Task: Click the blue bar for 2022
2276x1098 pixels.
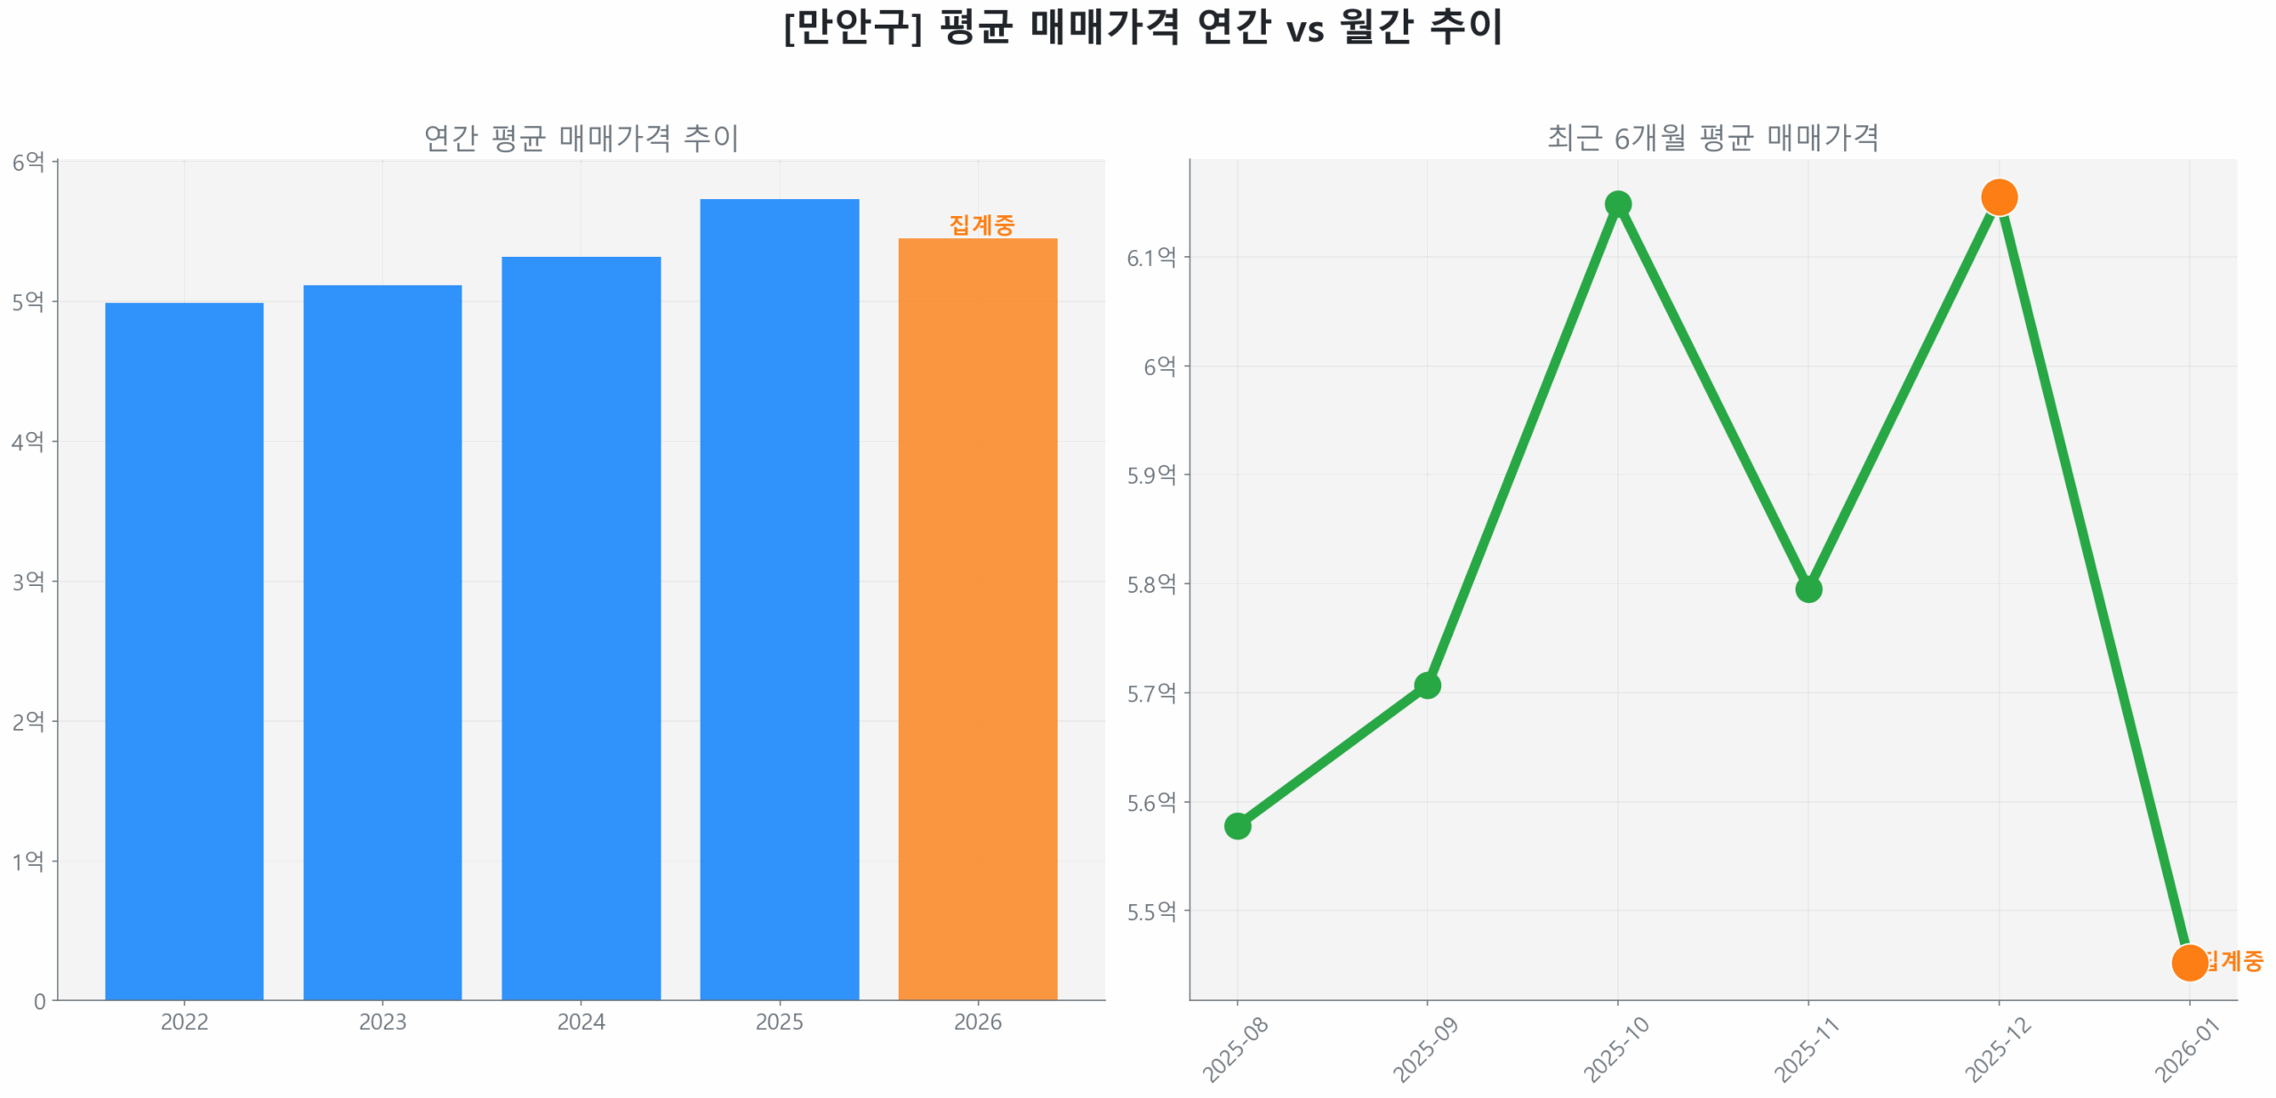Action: coord(184,651)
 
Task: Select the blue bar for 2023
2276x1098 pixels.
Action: coord(382,642)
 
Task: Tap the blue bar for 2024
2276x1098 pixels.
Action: coord(581,628)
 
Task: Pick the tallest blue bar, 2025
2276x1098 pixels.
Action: coord(779,599)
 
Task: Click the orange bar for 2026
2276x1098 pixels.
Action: coord(977,619)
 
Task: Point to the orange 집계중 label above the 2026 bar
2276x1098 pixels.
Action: coord(981,225)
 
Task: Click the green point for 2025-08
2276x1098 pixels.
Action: coord(1237,826)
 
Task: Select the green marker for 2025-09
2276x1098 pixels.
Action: coord(1427,685)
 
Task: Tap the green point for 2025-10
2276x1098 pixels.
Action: coord(1617,204)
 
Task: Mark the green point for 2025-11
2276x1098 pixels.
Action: coord(1807,589)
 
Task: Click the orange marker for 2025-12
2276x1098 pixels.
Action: coord(1998,197)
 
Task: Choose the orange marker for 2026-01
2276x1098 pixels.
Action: coord(2188,962)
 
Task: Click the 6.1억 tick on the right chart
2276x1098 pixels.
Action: coord(1150,258)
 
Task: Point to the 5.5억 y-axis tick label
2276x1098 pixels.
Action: coord(1150,912)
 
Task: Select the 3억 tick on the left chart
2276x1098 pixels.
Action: coord(28,582)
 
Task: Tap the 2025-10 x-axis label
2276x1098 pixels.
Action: coord(1615,1050)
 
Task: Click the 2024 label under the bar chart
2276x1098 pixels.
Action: coord(581,1022)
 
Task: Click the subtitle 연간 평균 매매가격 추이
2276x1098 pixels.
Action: coord(581,138)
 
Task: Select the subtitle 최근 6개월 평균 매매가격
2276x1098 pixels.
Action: coord(1712,138)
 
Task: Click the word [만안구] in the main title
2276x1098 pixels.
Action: coord(853,27)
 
